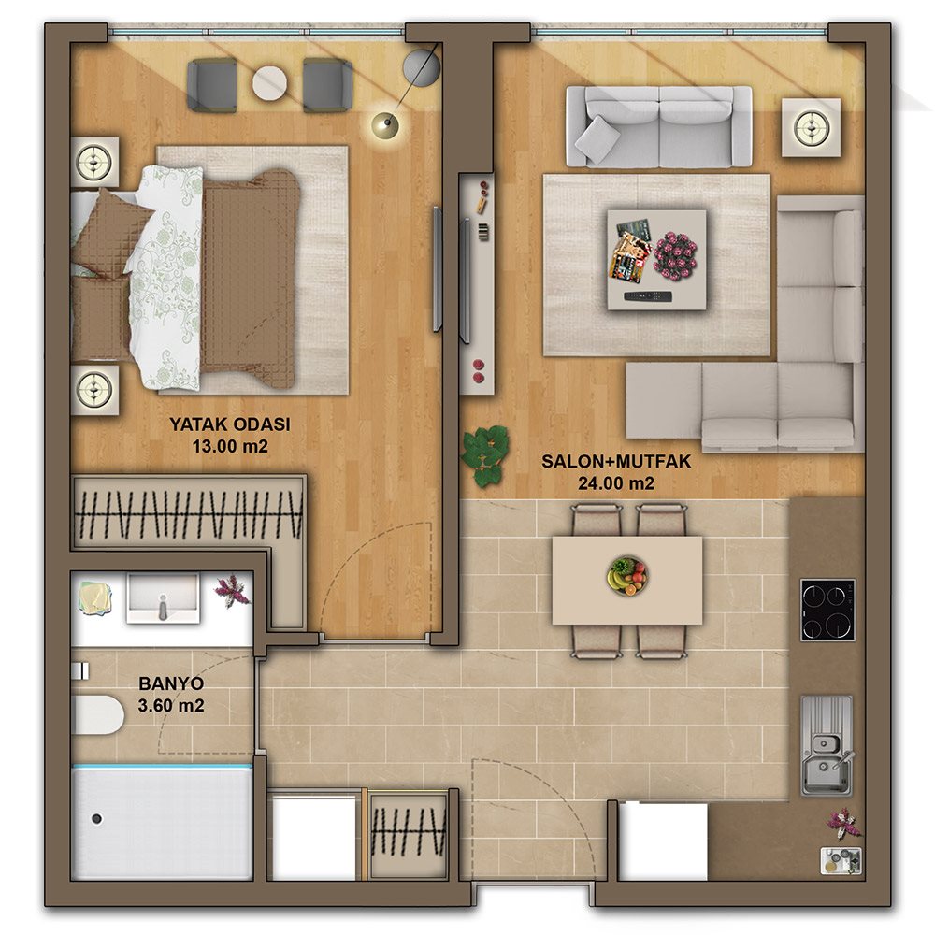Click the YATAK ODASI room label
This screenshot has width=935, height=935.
pyautogui.click(x=230, y=424)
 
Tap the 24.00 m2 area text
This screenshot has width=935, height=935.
pyautogui.click(x=616, y=483)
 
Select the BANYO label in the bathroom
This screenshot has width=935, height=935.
pyautogui.click(x=171, y=683)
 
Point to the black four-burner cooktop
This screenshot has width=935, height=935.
pyautogui.click(x=827, y=610)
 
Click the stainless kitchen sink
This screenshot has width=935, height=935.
pyautogui.click(x=826, y=746)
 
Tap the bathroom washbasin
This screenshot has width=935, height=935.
pyautogui.click(x=162, y=598)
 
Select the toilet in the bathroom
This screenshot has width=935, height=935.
pyautogui.click(x=97, y=714)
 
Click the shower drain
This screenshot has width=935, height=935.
pyautogui.click(x=96, y=819)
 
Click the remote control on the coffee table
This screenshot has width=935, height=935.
pyautogui.click(x=648, y=296)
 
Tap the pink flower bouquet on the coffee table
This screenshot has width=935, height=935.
pyautogui.click(x=676, y=253)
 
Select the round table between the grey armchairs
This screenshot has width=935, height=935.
pyautogui.click(x=269, y=84)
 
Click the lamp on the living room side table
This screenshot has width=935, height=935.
pyautogui.click(x=811, y=127)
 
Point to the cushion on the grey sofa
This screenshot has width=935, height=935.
pyautogui.click(x=597, y=140)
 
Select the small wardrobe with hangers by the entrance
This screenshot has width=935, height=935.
pyautogui.click(x=409, y=833)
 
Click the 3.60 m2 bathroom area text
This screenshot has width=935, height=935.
pyautogui.click(x=171, y=705)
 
